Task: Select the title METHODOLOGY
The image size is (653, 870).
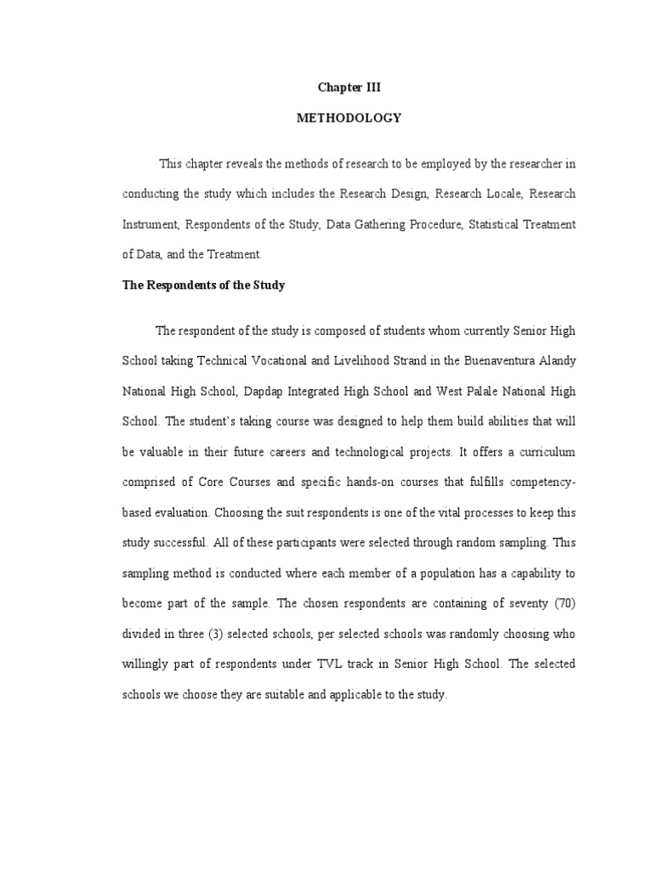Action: [x=348, y=118]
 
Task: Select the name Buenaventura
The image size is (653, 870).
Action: [x=497, y=360]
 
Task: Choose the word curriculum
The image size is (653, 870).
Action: [x=542, y=452]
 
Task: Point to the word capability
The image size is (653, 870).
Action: [x=527, y=573]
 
